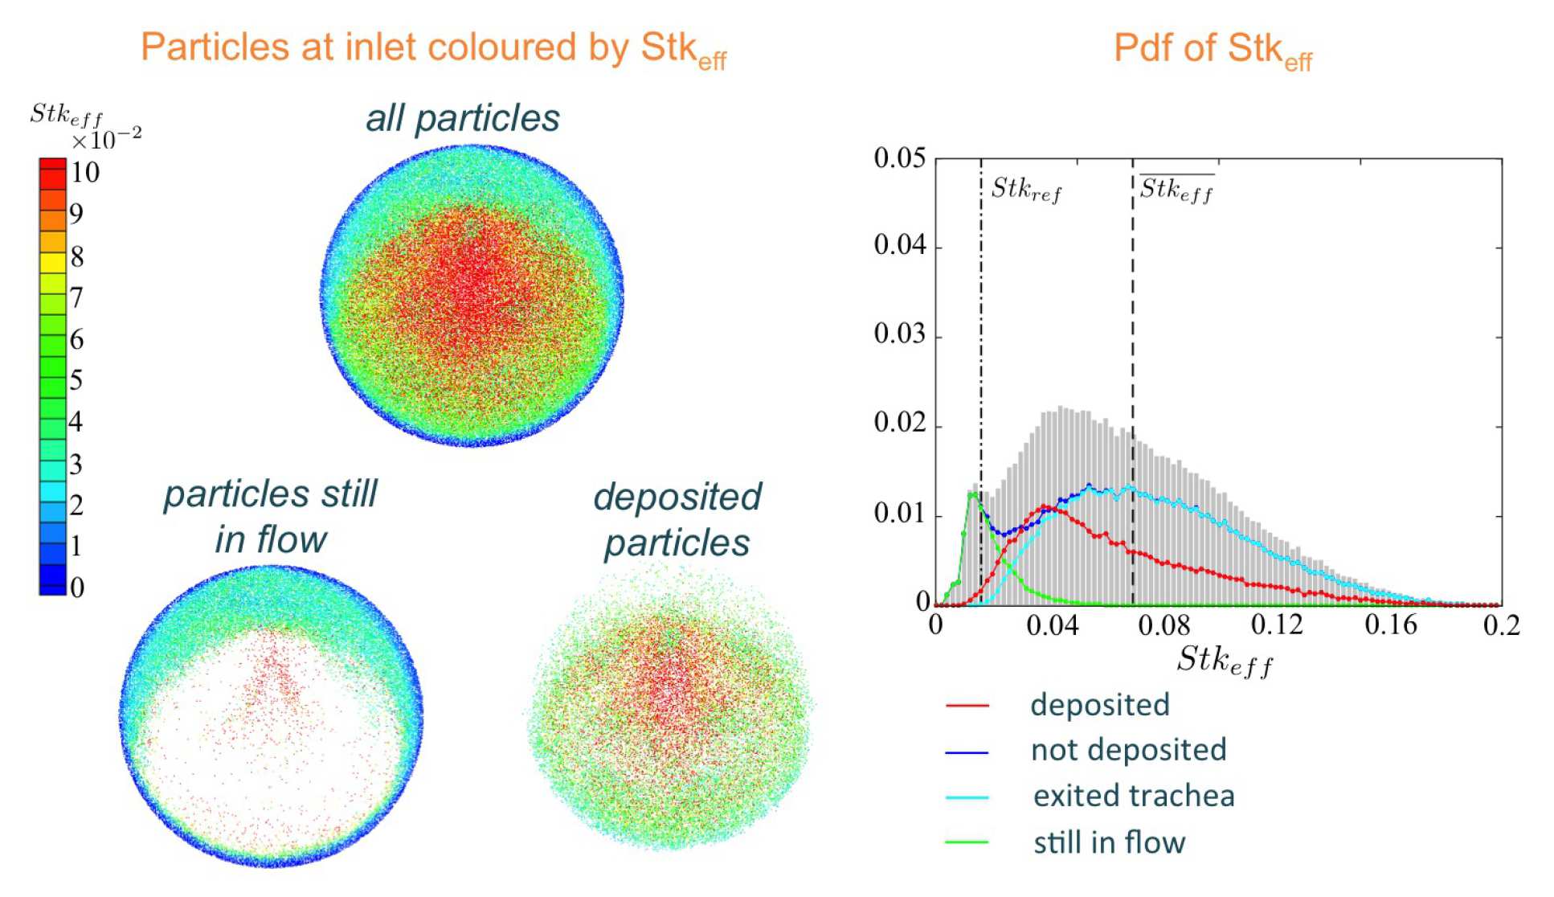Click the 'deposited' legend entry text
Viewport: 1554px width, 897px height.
1099,705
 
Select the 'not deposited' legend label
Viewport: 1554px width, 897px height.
1128,750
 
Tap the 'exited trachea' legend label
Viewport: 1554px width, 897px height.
1133,796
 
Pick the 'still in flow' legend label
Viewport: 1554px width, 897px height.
1109,842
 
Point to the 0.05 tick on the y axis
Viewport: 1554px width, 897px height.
899,158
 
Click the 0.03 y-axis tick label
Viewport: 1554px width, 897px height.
899,334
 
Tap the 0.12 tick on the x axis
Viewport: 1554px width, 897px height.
1277,625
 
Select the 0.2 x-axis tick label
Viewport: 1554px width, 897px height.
1501,625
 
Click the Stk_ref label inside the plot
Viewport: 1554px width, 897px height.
1026,190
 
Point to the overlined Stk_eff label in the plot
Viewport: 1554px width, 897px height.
1176,190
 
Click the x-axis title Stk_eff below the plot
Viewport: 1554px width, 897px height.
1225,661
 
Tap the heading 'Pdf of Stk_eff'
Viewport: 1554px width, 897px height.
1212,49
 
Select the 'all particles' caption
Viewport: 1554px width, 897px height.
463,118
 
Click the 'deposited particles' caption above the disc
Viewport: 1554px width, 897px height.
677,519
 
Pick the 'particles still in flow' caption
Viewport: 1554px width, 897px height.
270,516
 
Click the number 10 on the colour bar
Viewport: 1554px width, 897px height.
84,172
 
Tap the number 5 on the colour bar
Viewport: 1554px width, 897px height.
76,379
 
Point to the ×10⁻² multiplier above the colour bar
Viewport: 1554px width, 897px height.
106,140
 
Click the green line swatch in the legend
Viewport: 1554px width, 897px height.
967,842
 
